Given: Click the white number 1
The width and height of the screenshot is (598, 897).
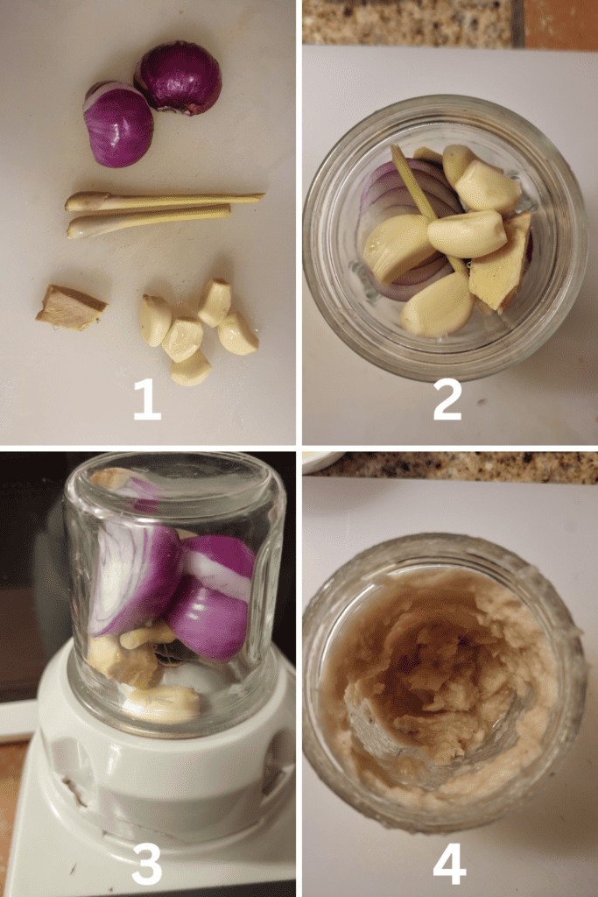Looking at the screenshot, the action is [147, 399].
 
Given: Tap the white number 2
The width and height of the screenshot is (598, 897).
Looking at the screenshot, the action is [447, 399].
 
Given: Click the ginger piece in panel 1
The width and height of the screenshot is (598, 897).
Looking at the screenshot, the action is [71, 307].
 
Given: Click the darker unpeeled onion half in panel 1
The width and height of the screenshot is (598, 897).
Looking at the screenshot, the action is [179, 78].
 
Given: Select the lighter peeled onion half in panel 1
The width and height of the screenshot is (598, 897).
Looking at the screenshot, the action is [118, 124].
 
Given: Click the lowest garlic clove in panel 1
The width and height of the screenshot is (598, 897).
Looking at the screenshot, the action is [190, 369].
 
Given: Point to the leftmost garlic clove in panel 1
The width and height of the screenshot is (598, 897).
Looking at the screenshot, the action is [155, 321].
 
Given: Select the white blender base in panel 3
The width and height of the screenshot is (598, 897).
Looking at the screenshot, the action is [149, 789].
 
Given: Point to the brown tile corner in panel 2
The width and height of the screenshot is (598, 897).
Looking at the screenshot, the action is [561, 23].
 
